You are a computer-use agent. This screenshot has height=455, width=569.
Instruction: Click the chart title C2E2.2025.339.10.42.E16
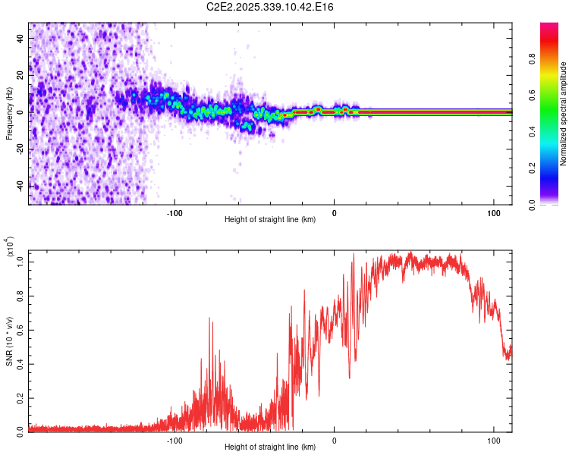point(285,7)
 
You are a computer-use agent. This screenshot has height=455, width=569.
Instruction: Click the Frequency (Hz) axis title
point(9,114)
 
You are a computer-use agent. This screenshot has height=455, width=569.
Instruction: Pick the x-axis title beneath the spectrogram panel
point(270,220)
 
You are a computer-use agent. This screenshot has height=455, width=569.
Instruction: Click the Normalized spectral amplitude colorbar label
point(563,114)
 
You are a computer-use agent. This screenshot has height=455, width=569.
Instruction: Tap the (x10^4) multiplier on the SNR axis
point(9,247)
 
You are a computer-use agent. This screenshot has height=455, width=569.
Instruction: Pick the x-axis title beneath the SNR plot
point(270,447)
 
